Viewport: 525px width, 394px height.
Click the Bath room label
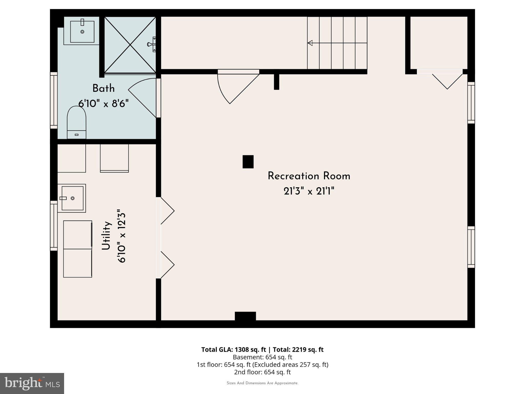[103, 88]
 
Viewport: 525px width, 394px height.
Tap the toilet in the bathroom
[76, 123]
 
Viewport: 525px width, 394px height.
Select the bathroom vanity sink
[82, 32]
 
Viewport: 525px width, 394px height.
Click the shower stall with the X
[130, 45]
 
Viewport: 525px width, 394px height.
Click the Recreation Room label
[309, 176]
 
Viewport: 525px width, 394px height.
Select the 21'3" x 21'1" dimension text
[309, 191]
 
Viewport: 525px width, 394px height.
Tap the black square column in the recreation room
[248, 162]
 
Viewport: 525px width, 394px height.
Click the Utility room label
[106, 235]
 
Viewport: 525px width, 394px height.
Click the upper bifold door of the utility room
[167, 211]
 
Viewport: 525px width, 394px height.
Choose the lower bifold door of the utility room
[167, 265]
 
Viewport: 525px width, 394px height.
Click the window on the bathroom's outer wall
[54, 100]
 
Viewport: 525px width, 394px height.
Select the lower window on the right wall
[471, 247]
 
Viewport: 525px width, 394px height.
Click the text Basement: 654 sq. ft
[262, 357]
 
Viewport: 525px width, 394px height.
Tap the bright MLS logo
[32, 383]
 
